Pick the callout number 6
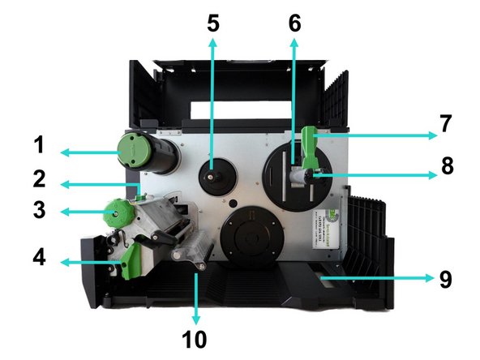pos(294,24)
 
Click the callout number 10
pos(196,336)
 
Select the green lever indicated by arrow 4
pos(129,259)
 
